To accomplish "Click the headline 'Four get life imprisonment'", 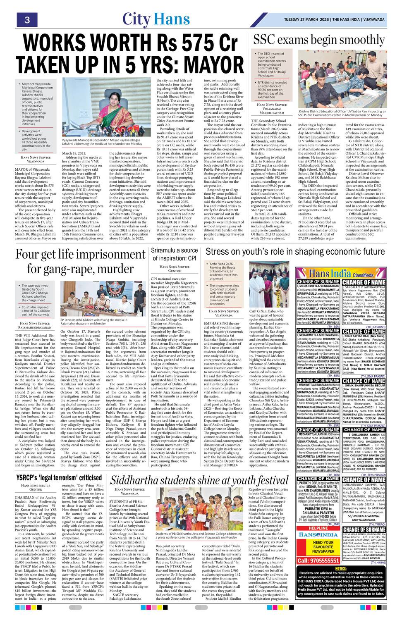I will (80, 261).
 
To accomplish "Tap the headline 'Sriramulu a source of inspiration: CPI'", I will (174, 254).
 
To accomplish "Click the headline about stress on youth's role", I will (295, 252).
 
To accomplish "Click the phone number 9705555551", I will (318, 560).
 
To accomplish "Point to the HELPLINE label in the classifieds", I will (318, 528).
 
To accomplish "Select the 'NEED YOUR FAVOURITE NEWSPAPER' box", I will (323, 546).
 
